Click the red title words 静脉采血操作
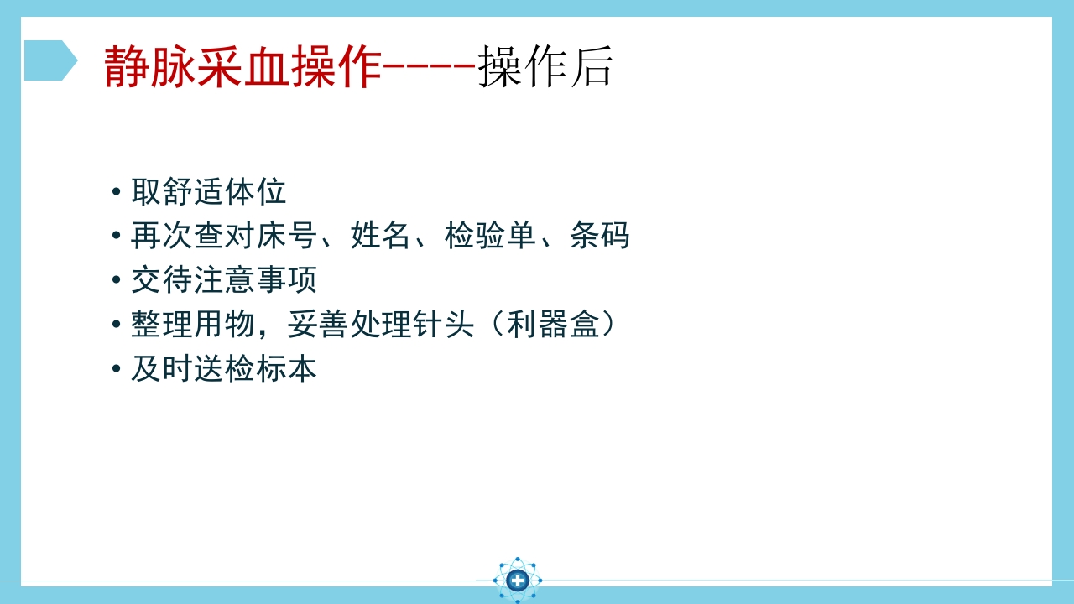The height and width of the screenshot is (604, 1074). tap(242, 67)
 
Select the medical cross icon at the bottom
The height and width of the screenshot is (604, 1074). tap(518, 580)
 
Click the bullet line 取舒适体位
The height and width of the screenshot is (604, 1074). tap(208, 192)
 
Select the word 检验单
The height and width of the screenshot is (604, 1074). tap(490, 236)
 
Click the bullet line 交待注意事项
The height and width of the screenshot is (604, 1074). tap(223, 280)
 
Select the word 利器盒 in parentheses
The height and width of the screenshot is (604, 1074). tap(553, 325)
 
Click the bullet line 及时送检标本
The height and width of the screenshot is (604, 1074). tap(223, 369)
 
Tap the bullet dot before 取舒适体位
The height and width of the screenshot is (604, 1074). tap(116, 193)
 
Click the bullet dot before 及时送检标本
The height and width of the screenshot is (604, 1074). tap(116, 370)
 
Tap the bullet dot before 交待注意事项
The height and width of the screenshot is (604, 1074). tap(116, 281)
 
